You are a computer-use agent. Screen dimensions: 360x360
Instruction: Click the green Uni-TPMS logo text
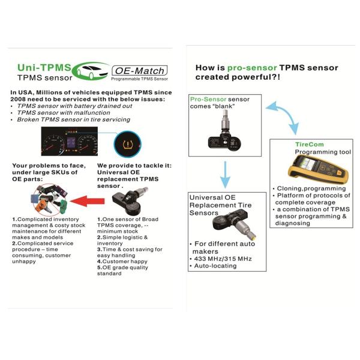coord(44,67)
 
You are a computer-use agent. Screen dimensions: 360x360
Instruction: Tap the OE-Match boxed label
coord(140,70)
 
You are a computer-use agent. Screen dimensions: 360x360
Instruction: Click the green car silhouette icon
coord(91,71)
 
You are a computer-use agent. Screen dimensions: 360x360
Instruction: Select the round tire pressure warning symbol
coord(127,144)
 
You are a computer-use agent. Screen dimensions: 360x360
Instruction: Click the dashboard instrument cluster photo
coord(70,141)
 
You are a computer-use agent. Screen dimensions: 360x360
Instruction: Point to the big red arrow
coord(87,201)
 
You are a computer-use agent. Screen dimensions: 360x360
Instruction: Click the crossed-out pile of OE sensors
coord(49,199)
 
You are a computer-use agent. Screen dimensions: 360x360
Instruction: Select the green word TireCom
coord(309,145)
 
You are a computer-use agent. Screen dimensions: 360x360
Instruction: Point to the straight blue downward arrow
coord(225,175)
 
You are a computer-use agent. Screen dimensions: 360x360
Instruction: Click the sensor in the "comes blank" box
coord(225,131)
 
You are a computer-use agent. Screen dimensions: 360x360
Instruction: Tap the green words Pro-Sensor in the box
coord(208,99)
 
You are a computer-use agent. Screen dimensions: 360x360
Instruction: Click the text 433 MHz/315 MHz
coord(223,259)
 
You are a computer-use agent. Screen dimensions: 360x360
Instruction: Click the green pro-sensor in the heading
coord(252,68)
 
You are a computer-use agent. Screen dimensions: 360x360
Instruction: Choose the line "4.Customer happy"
coord(122,261)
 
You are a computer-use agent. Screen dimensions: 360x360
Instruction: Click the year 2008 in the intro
coord(17,99)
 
